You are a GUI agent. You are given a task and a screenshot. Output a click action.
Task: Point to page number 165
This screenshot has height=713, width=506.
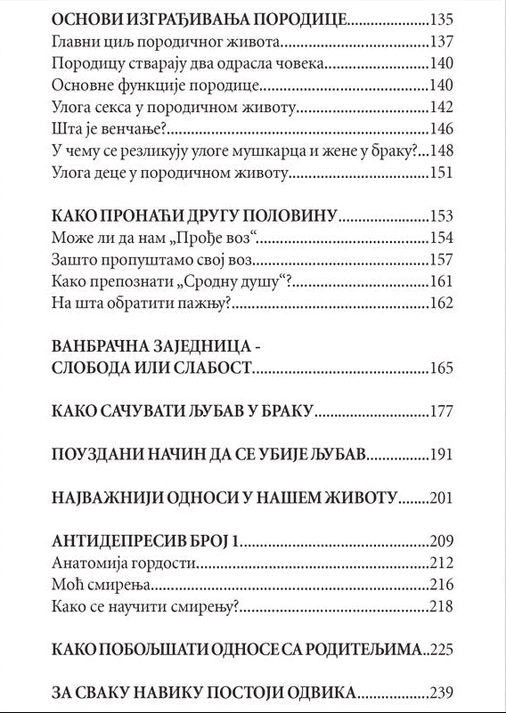click(x=441, y=369)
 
